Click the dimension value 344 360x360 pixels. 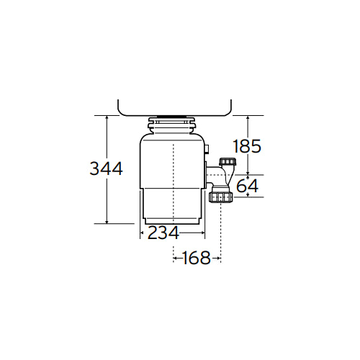tap(106, 168)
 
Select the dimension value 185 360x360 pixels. tap(247, 146)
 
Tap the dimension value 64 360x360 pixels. tap(248, 186)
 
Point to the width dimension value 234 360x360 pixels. tap(163, 233)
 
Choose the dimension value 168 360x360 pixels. tap(197, 258)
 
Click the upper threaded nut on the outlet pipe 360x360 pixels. tap(228, 162)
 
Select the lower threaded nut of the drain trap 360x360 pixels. tap(221, 197)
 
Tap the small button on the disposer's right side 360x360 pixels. tap(207, 148)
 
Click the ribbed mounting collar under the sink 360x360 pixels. tap(172, 125)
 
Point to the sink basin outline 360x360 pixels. tap(174, 115)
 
